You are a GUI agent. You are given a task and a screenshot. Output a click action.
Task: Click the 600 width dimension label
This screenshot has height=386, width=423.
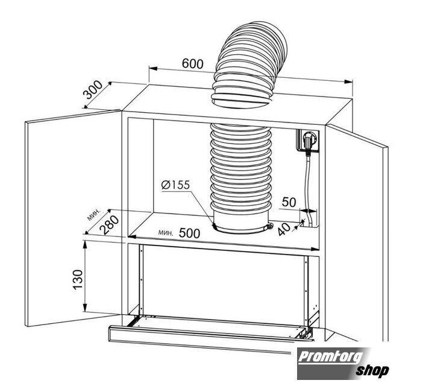[193, 64]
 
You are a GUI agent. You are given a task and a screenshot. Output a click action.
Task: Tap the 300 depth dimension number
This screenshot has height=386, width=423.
[93, 90]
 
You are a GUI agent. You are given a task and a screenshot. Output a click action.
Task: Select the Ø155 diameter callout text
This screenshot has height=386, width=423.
[175, 185]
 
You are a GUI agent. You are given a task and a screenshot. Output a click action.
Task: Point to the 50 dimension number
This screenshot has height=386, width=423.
[289, 202]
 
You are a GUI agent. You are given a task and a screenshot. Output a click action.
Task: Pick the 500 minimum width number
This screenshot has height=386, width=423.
[189, 233]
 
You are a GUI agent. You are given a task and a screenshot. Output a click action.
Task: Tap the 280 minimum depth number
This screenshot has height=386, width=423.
[109, 224]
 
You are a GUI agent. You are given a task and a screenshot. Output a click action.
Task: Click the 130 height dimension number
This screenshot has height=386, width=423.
[78, 280]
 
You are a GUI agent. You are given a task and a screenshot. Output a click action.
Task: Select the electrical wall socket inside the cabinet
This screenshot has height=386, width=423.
[308, 140]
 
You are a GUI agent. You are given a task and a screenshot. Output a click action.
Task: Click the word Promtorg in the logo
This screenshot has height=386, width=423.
[331, 357]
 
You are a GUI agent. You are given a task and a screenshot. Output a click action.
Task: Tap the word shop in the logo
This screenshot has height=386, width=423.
[372, 370]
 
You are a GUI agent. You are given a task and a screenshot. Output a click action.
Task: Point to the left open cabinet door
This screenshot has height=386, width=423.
[73, 218]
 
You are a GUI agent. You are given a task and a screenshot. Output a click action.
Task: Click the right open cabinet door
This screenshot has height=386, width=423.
[357, 232]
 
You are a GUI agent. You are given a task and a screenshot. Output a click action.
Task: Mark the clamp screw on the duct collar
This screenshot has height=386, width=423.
[270, 226]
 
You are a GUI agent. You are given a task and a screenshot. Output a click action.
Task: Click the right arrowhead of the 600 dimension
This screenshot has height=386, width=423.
[349, 82]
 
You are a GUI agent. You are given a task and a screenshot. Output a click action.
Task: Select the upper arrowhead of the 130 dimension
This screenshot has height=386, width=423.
[85, 245]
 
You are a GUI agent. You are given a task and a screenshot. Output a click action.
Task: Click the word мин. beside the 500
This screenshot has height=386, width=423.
[166, 232]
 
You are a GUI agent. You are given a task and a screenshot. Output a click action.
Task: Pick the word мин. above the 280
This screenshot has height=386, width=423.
[95, 214]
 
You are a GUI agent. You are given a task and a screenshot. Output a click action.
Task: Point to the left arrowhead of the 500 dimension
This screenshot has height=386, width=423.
[131, 237]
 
